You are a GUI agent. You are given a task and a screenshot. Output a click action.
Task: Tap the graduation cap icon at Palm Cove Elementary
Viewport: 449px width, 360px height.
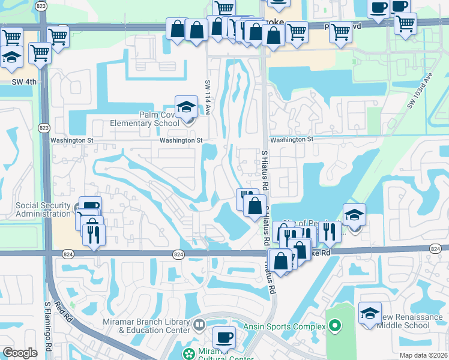pos(186,107)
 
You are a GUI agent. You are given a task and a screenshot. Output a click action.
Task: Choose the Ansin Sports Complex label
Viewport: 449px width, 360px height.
pos(285,326)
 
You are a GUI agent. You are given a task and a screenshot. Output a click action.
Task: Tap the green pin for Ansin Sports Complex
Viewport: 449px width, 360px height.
pos(335,326)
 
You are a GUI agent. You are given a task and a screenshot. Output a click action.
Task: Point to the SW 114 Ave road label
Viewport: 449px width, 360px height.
pos(208,95)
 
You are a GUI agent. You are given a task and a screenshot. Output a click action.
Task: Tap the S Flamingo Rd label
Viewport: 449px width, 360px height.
pos(49,330)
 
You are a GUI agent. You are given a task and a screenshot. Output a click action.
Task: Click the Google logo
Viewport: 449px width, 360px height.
pos(20,353)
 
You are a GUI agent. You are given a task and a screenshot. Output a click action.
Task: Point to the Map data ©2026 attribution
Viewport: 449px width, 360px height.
pos(423,355)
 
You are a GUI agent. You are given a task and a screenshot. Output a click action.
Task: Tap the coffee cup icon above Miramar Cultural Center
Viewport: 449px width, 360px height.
pos(224,337)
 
